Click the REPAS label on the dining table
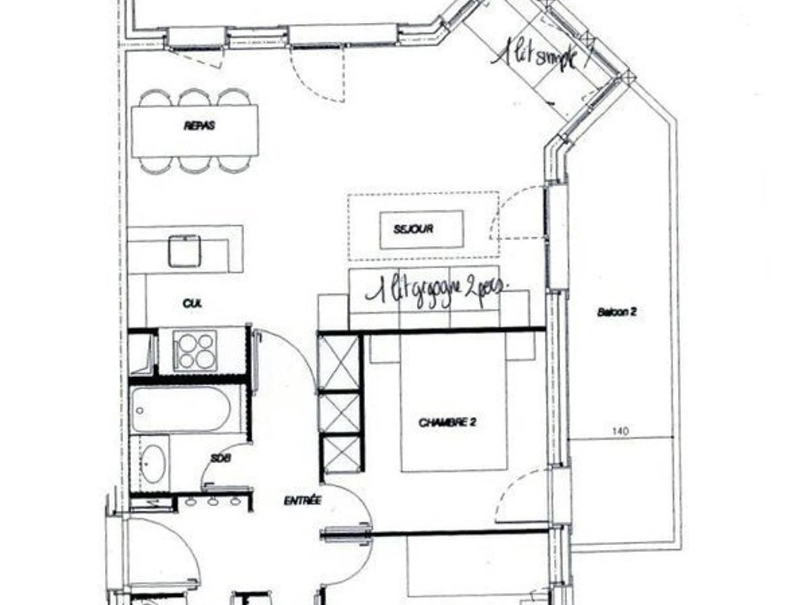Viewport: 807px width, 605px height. click(x=199, y=125)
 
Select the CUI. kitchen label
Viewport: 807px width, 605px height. click(x=192, y=304)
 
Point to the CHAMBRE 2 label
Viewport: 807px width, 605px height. click(x=447, y=423)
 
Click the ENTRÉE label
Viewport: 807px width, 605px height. click(x=303, y=500)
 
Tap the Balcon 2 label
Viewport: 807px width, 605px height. click(x=616, y=312)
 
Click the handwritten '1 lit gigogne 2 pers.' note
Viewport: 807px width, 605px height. click(x=437, y=290)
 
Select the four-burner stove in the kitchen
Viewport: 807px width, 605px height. click(x=195, y=350)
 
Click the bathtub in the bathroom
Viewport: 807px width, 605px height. click(x=181, y=409)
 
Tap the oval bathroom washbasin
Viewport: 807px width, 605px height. click(x=153, y=464)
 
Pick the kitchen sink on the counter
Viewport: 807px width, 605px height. click(x=184, y=251)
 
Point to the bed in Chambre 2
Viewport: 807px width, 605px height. click(x=453, y=403)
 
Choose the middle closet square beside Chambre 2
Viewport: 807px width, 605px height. click(x=342, y=411)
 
